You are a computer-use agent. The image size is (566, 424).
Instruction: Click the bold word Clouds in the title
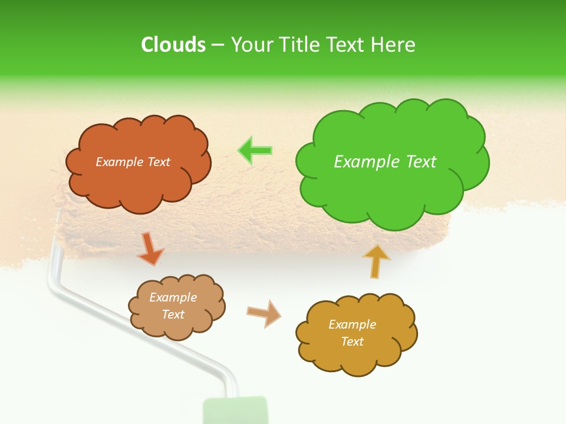pos(173,44)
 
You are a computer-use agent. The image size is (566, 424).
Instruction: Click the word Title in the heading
pos(300,44)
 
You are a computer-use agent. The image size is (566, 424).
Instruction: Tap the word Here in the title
pos(394,44)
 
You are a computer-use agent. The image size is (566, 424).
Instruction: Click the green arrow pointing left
pos(255,151)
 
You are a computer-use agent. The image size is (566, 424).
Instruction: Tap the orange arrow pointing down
pos(150,249)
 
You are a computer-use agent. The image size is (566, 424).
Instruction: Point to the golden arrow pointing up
pos(376,261)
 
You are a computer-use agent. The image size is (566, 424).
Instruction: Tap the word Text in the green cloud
pos(421,161)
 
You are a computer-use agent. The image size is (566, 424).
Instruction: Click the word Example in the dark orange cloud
pos(119,162)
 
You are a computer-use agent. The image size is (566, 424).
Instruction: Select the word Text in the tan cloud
pos(173,314)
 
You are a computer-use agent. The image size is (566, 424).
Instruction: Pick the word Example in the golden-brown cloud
pos(352,324)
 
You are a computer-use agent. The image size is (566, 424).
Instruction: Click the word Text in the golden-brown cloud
pos(352,342)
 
